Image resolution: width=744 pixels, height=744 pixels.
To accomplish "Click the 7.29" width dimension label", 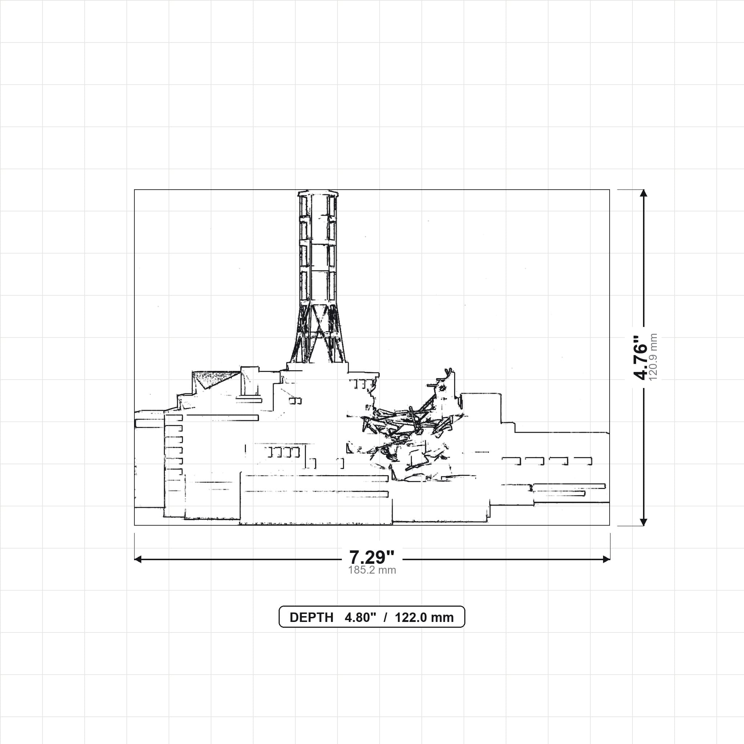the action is pyautogui.click(x=372, y=557).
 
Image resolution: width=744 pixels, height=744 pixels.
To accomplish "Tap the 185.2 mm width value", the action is pyautogui.click(x=372, y=570).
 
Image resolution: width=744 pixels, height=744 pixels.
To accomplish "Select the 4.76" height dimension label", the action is pyautogui.click(x=641, y=357).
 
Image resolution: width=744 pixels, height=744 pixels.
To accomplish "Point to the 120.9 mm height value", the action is pyautogui.click(x=653, y=357).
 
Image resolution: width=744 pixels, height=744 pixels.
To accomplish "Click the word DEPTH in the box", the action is pyautogui.click(x=311, y=617).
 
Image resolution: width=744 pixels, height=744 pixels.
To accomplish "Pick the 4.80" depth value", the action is pyautogui.click(x=360, y=617).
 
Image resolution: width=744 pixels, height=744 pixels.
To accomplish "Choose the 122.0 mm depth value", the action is pyautogui.click(x=424, y=617).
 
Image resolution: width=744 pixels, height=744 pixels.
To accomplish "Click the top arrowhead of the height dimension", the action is pyautogui.click(x=643, y=193).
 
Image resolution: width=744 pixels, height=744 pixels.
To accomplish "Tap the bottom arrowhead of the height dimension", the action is pyautogui.click(x=643, y=522).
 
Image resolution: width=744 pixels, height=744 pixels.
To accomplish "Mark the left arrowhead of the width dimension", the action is pyautogui.click(x=138, y=559).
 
